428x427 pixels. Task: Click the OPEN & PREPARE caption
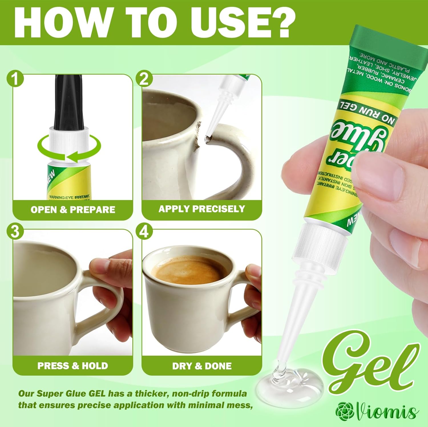click(73, 210)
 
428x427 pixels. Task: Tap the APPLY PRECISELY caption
click(202, 209)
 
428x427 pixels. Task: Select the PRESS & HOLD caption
click(73, 366)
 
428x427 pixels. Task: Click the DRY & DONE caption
click(202, 366)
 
